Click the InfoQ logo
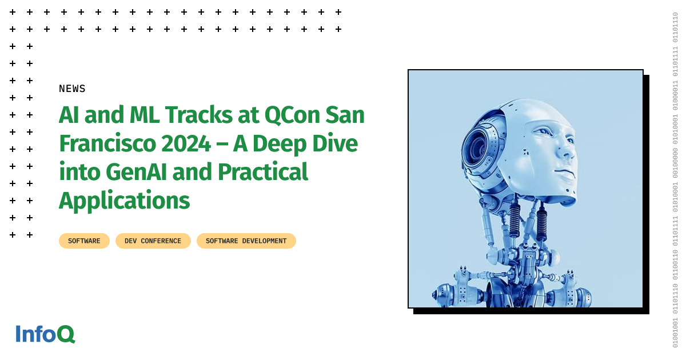[45, 334]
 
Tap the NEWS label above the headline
[72, 89]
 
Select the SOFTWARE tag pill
[84, 241]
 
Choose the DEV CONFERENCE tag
[153, 241]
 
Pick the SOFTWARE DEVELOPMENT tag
[246, 241]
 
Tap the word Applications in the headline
[124, 201]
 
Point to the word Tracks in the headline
[196, 116]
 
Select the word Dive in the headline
[334, 144]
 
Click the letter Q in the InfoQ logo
[66, 334]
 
